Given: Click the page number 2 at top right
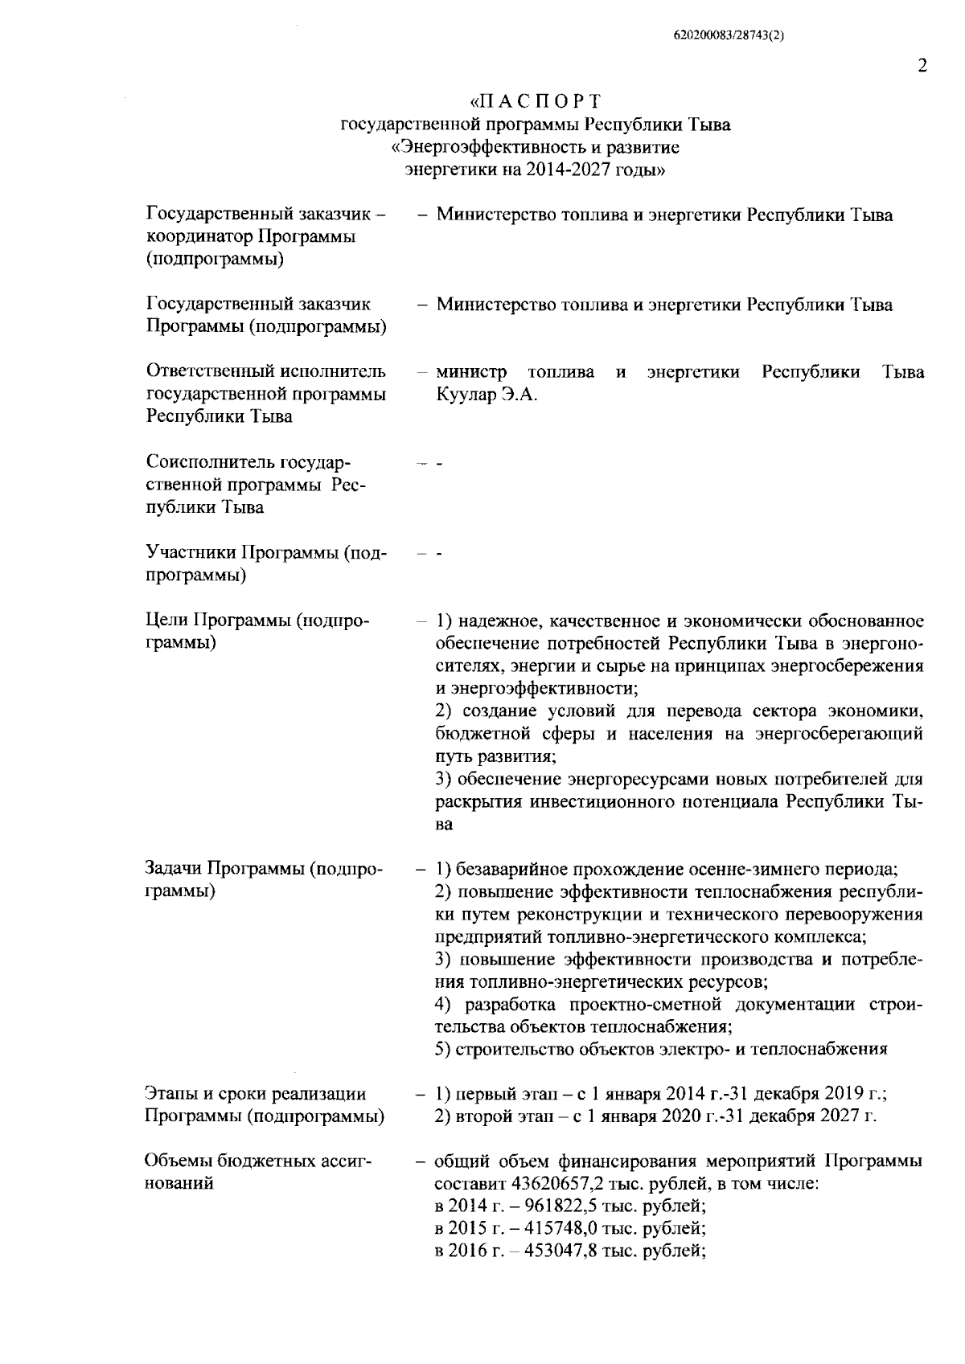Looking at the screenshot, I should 922,66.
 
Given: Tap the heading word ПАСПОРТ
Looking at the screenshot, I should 536,102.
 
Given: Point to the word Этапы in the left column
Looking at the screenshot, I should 170,1093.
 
